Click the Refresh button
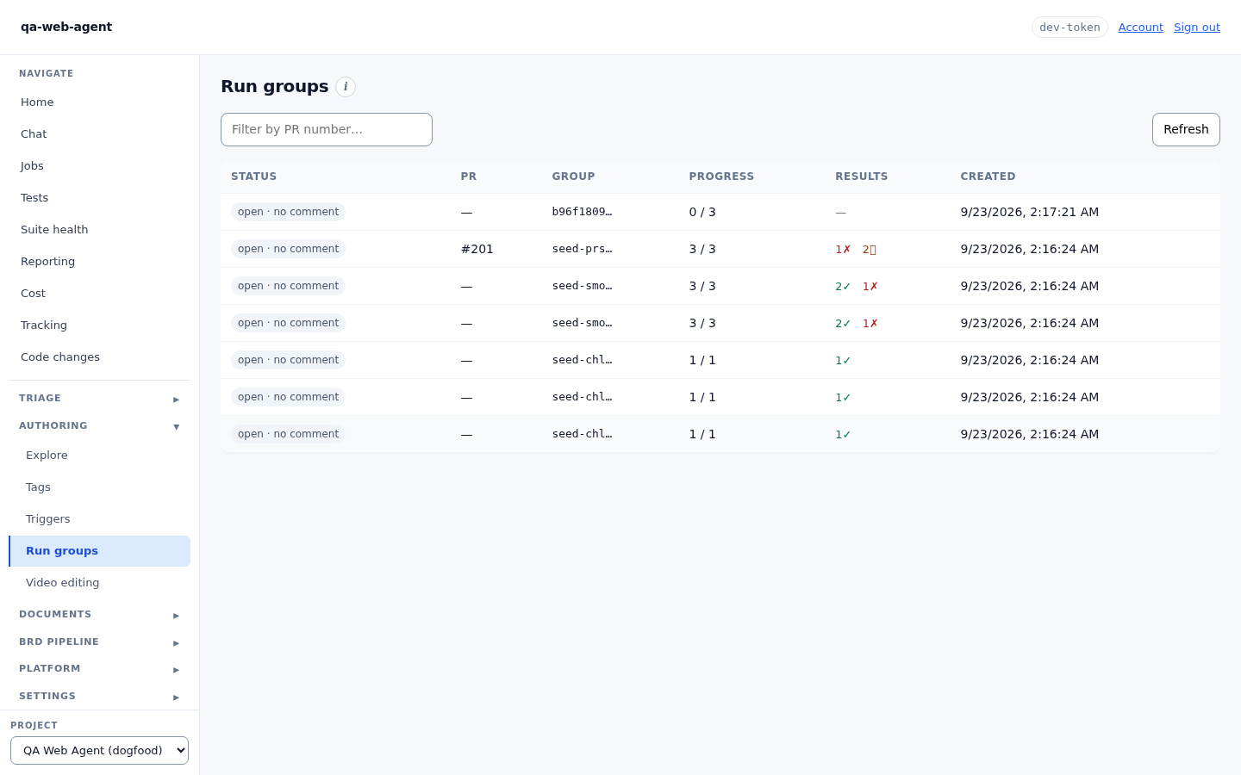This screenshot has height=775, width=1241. point(1186,129)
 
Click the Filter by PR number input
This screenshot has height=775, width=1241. point(327,129)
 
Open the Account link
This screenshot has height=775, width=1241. point(1141,28)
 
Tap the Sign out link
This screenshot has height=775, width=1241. point(1197,28)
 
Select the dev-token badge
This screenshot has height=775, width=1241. point(1070,28)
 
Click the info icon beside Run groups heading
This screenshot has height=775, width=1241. point(345,87)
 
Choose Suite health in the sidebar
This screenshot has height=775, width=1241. point(54,230)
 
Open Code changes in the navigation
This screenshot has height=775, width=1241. point(60,357)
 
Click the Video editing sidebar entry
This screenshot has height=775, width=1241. point(63,582)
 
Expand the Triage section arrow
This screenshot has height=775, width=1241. point(176,400)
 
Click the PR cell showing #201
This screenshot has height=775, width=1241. point(477,249)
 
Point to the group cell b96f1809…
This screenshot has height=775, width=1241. point(582,212)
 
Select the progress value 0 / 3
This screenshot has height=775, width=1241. point(702,212)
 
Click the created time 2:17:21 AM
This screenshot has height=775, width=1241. point(1064,212)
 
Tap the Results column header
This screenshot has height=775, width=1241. point(862,177)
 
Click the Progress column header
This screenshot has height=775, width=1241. point(721,177)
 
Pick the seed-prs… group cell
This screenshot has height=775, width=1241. point(582,249)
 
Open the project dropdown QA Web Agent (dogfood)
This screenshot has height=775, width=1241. point(100,751)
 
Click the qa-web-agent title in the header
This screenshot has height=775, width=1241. point(66,28)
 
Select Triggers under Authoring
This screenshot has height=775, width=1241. point(48,519)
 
